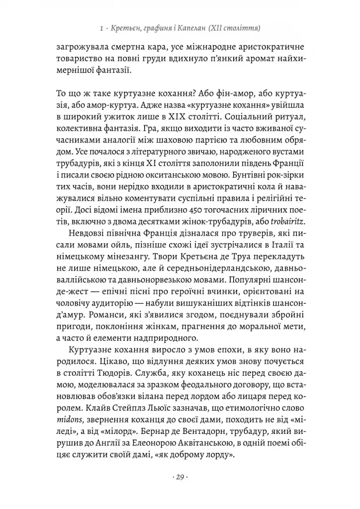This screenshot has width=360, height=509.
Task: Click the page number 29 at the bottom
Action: [x=180, y=478]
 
